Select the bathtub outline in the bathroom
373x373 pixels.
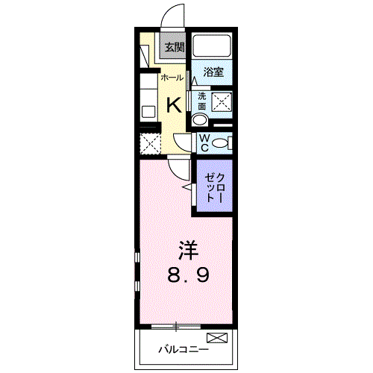(x=211, y=46)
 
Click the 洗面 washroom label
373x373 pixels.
(x=201, y=101)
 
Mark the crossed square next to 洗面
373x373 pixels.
(x=222, y=102)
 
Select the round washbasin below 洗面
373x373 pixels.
(x=201, y=121)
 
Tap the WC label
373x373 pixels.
(x=202, y=142)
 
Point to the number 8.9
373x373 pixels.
(x=187, y=274)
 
